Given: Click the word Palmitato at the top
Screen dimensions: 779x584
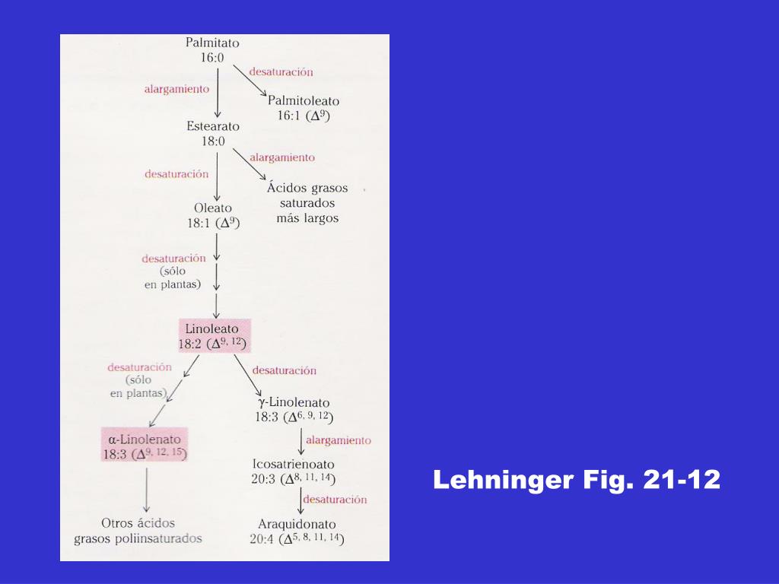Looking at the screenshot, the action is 212,43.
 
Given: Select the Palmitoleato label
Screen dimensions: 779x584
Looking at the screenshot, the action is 304,101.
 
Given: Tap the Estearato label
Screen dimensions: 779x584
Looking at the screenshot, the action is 213,126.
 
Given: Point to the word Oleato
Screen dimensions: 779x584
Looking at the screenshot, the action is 213,208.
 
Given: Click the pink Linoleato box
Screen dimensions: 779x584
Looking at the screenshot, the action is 215,335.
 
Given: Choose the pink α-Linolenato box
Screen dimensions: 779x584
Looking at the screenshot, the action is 145,444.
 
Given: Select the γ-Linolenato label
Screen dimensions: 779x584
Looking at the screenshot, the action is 294,402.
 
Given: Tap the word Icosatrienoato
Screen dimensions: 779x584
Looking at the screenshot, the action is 293,465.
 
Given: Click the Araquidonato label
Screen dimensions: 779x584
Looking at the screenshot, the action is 297,524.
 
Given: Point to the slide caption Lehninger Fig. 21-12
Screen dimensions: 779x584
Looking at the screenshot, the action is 577,480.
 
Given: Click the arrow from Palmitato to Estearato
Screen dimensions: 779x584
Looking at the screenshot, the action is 218,93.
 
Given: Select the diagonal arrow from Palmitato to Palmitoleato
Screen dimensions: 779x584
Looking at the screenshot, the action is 250,81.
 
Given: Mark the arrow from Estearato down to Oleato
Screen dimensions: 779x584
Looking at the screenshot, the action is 217,176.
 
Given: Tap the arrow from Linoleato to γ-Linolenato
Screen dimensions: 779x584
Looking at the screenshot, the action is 247,376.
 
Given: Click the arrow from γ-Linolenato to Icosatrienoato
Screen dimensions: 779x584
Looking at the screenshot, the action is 301,442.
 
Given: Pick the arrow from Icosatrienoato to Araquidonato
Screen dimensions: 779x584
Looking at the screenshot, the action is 300,501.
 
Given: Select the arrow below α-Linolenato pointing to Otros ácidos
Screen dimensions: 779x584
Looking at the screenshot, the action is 147,490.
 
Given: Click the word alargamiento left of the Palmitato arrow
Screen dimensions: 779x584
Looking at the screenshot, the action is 176,90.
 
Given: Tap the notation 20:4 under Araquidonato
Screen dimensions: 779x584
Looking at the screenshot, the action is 262,539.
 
